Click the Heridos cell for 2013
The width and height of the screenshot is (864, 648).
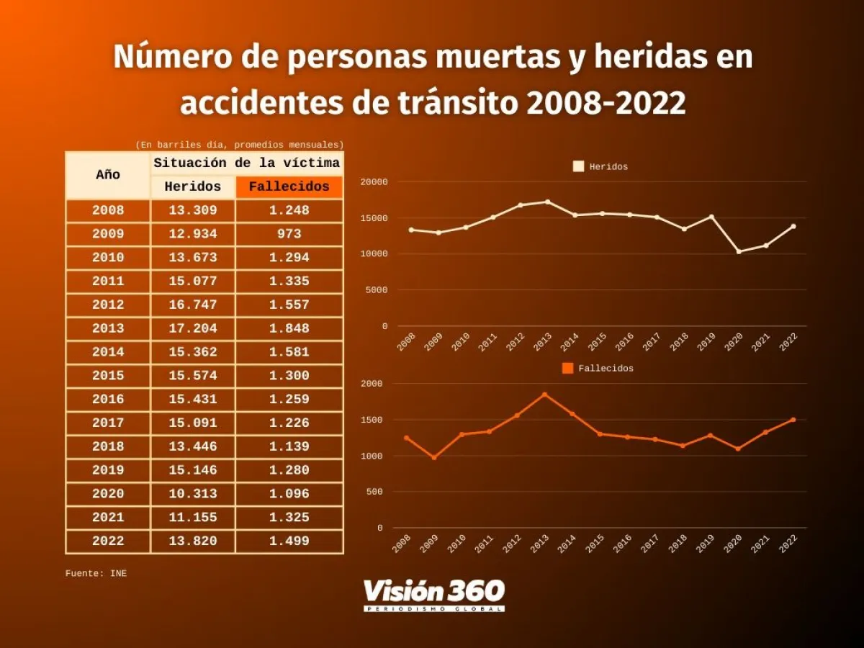coord(193,328)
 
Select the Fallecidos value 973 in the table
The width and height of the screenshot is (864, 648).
coord(289,234)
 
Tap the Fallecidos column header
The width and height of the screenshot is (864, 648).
coord(289,187)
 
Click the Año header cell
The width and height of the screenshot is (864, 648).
coord(108,175)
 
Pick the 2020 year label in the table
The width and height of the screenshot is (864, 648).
coord(108,494)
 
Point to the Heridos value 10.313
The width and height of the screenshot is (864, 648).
coord(193,494)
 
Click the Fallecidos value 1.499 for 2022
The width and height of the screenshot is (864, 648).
coord(289,541)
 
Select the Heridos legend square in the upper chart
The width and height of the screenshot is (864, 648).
coord(578,166)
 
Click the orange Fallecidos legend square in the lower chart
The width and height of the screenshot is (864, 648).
coord(567,368)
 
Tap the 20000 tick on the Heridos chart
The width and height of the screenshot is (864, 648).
coord(374,182)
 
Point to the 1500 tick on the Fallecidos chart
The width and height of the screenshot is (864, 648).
coord(374,420)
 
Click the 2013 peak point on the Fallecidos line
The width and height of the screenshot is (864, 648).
coord(544,395)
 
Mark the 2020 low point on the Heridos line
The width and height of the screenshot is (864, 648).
coord(739,251)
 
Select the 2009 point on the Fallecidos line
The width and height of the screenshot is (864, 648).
coord(434,457)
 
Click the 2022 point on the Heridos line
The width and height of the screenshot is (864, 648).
coord(793,226)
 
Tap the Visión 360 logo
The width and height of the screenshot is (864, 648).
coord(433,595)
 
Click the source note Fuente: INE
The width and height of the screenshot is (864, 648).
coord(96,574)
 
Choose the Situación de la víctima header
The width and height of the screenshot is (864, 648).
coord(246,163)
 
